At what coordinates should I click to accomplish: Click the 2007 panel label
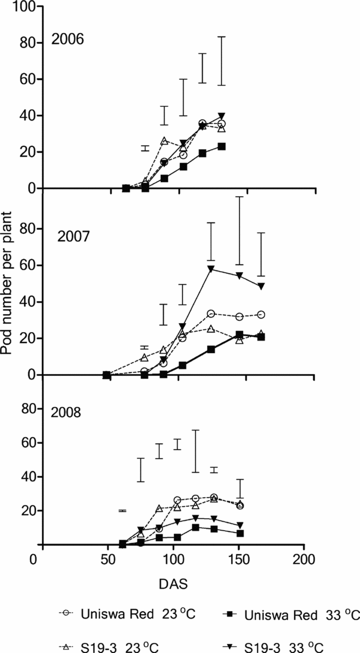[x=73, y=236]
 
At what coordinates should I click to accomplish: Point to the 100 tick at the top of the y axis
[x=25, y=7]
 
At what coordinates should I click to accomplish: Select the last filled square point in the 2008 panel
[x=239, y=533]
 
